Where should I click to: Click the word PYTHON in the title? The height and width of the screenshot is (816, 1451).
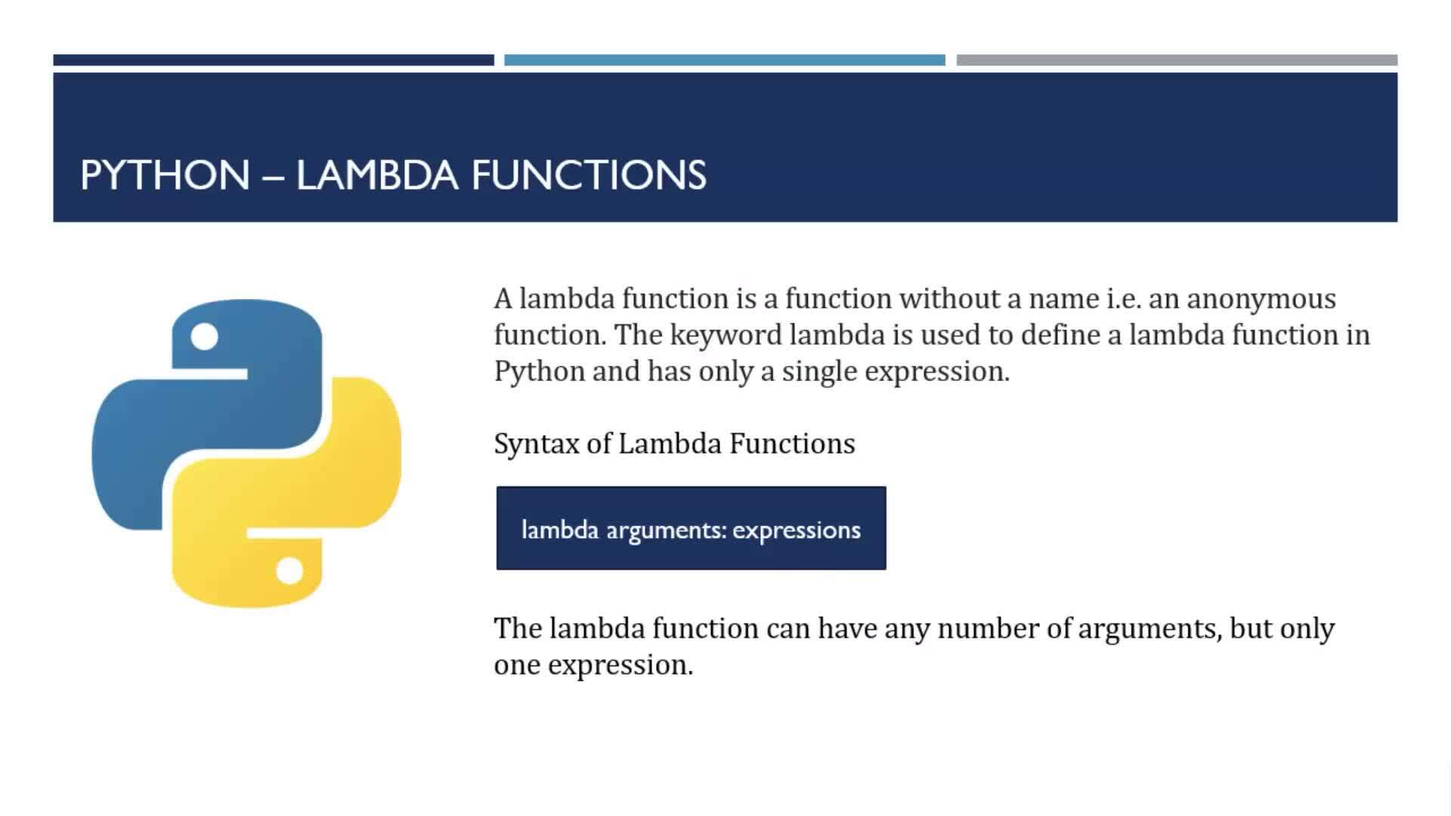165,175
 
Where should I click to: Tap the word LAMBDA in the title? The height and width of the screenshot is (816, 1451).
377,175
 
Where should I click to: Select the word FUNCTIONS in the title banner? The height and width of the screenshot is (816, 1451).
589,175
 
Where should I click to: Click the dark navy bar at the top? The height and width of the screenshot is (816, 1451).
274,60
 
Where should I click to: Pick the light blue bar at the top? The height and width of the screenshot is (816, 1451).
725,60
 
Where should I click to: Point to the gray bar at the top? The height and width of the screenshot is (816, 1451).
1177,60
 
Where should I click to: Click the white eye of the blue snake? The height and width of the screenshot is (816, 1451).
204,336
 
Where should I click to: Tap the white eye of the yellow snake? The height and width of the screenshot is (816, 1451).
289,570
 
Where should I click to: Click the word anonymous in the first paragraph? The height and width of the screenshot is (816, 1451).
1261,299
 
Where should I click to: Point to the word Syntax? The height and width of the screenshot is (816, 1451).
537,444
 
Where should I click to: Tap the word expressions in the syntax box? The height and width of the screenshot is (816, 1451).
797,531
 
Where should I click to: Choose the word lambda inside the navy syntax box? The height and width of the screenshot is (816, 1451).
560,530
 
